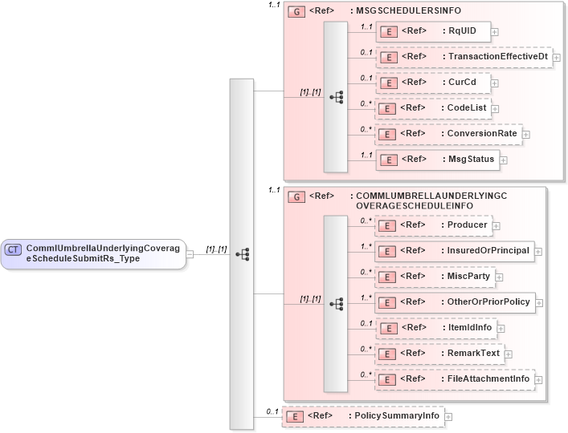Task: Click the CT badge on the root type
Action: pos(13,249)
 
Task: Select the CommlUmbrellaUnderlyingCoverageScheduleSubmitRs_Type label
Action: pos(104,253)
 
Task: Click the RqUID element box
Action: pos(433,32)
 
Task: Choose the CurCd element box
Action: pos(433,83)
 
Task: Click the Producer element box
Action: pos(434,225)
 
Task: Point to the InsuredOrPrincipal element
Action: pos(454,251)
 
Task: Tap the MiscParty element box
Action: pos(435,277)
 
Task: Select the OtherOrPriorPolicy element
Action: pos(460,302)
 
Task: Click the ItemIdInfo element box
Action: pos(436,327)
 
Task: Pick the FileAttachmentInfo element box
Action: pos(455,378)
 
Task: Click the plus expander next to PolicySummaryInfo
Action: pos(448,417)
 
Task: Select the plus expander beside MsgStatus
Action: pos(504,160)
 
